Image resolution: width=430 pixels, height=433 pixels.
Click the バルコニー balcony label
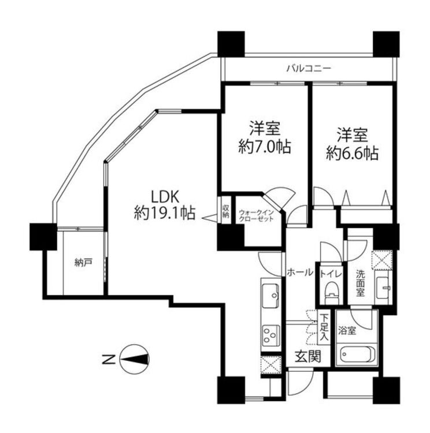click(x=308, y=68)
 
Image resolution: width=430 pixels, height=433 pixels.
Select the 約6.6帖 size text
click(x=353, y=153)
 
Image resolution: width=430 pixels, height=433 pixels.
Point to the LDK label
click(x=165, y=197)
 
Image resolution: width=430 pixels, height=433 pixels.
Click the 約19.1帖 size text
click(x=165, y=213)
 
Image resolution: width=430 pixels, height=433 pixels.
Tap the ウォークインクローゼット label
click(x=257, y=216)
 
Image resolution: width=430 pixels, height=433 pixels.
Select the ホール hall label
click(x=300, y=273)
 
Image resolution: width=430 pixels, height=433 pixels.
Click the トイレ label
click(x=331, y=274)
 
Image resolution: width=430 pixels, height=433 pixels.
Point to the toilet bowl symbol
click(x=331, y=293)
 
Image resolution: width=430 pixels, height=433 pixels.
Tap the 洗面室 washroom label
click(x=360, y=283)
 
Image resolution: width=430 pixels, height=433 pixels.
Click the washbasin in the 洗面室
click(x=383, y=288)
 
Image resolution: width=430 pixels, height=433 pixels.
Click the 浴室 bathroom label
click(x=347, y=331)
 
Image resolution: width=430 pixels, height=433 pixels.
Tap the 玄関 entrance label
click(x=307, y=356)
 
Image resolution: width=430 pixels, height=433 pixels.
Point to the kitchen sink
click(x=270, y=295)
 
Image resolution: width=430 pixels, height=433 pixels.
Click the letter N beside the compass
click(x=108, y=360)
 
